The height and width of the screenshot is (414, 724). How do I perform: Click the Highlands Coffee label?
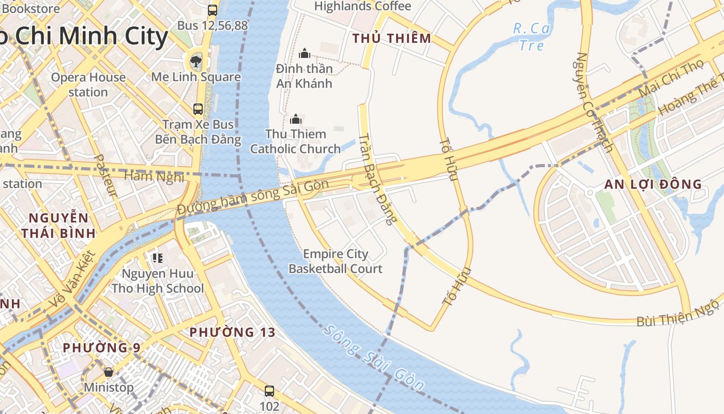pyautogui.click(x=363, y=6)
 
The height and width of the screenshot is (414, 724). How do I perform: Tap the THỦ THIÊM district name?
pyautogui.click(x=391, y=38)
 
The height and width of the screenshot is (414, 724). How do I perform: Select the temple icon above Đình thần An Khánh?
pyautogui.click(x=305, y=53)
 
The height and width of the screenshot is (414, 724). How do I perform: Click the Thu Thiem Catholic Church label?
pyautogui.click(x=295, y=141)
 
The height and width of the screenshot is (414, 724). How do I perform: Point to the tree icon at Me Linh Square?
pyautogui.click(x=196, y=63)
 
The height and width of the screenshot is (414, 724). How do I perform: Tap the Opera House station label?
pyautogui.click(x=88, y=84)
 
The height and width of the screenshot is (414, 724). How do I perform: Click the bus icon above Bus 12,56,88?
pyautogui.click(x=212, y=10)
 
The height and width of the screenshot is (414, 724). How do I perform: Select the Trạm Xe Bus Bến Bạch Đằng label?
pyautogui.click(x=198, y=131)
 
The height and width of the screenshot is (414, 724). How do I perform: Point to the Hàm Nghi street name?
pyautogui.click(x=154, y=176)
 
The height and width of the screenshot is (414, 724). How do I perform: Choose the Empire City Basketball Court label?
pyautogui.click(x=335, y=261)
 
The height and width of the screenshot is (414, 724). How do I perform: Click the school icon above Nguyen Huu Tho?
pyautogui.click(x=158, y=258)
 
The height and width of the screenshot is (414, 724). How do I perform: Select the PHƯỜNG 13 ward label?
pyautogui.click(x=232, y=332)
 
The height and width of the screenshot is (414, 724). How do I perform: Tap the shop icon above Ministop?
pyautogui.click(x=109, y=372)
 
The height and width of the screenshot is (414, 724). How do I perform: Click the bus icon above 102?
pyautogui.click(x=269, y=391)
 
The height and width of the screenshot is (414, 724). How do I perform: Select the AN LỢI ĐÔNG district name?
pyautogui.click(x=653, y=184)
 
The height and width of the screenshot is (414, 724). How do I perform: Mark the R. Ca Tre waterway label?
pyautogui.click(x=531, y=37)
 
